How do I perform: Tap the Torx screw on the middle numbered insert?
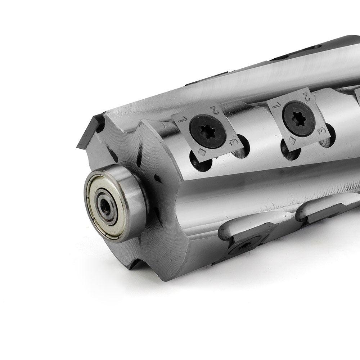point(298,120)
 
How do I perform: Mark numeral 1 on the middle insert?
point(276,105)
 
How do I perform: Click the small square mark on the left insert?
point(202,152)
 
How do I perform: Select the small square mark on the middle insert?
point(292,140)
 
